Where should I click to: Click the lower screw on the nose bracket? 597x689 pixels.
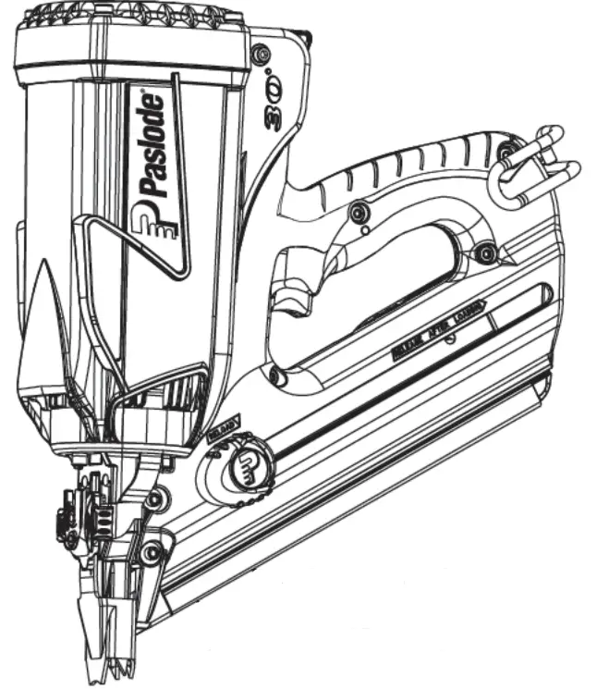(152, 553)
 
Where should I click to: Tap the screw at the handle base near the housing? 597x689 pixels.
(274, 375)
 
